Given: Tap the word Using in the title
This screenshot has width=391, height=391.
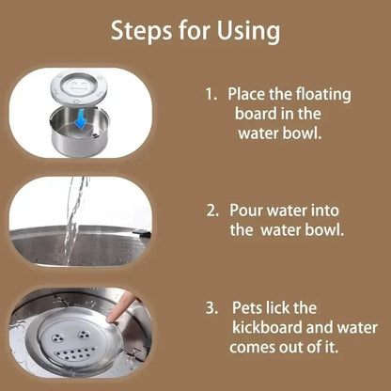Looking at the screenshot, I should click(x=245, y=31).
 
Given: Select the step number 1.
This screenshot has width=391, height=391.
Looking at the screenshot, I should click(x=209, y=95).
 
